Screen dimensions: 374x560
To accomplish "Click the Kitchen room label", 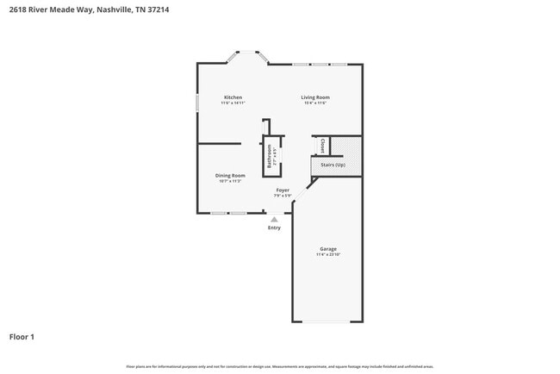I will pyautogui.click(x=233, y=97).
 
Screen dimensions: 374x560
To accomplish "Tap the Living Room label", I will pyautogui.click(x=314, y=97).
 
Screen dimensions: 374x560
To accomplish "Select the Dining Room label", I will pyautogui.click(x=230, y=176).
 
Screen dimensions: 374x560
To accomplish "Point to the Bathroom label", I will pyautogui.click(x=270, y=156).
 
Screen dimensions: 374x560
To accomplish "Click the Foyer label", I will pyautogui.click(x=283, y=190).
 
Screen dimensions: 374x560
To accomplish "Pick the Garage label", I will pyautogui.click(x=328, y=249).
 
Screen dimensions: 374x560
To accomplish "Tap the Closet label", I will pyautogui.click(x=322, y=145).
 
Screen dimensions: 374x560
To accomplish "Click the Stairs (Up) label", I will pyautogui.click(x=333, y=164).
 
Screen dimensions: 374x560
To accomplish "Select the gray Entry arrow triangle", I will pyautogui.click(x=274, y=219).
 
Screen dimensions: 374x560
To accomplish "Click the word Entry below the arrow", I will pyautogui.click(x=274, y=228).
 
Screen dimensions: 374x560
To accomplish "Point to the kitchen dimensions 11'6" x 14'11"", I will pyautogui.click(x=233, y=103).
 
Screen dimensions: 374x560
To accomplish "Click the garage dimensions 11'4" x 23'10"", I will pyautogui.click(x=328, y=255).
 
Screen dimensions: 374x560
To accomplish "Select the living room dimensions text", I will pyautogui.click(x=314, y=103).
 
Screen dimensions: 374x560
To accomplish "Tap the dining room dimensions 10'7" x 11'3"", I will pyautogui.click(x=230, y=182).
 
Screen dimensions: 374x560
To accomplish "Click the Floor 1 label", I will pyautogui.click(x=22, y=336).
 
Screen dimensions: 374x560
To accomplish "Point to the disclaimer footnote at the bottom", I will pyautogui.click(x=280, y=366).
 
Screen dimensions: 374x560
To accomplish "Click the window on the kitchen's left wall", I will pyautogui.click(x=197, y=101).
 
